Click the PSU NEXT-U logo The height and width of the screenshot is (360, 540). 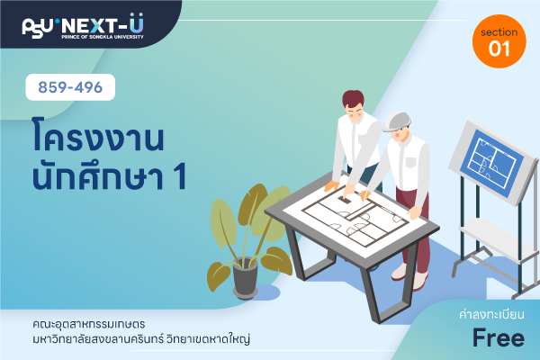pos(83,26)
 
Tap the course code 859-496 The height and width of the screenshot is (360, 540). pos(70,87)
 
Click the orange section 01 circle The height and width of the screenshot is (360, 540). pos(499,41)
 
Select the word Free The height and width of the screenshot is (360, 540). pos(499,337)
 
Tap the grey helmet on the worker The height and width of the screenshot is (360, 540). pos(396,121)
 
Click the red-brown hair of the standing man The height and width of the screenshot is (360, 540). pos(353,98)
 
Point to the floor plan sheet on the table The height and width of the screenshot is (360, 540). pos(355,215)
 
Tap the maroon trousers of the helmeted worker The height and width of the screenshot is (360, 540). pos(414,229)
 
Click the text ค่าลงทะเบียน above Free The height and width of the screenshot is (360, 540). pos(491,314)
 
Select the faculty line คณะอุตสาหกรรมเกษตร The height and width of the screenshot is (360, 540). pos(89,324)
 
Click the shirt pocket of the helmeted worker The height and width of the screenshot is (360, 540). pos(411,162)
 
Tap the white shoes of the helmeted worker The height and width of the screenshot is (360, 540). pos(409,276)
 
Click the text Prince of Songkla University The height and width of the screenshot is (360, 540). pos(103,37)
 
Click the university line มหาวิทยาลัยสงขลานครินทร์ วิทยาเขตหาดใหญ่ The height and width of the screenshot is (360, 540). pos(141,339)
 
